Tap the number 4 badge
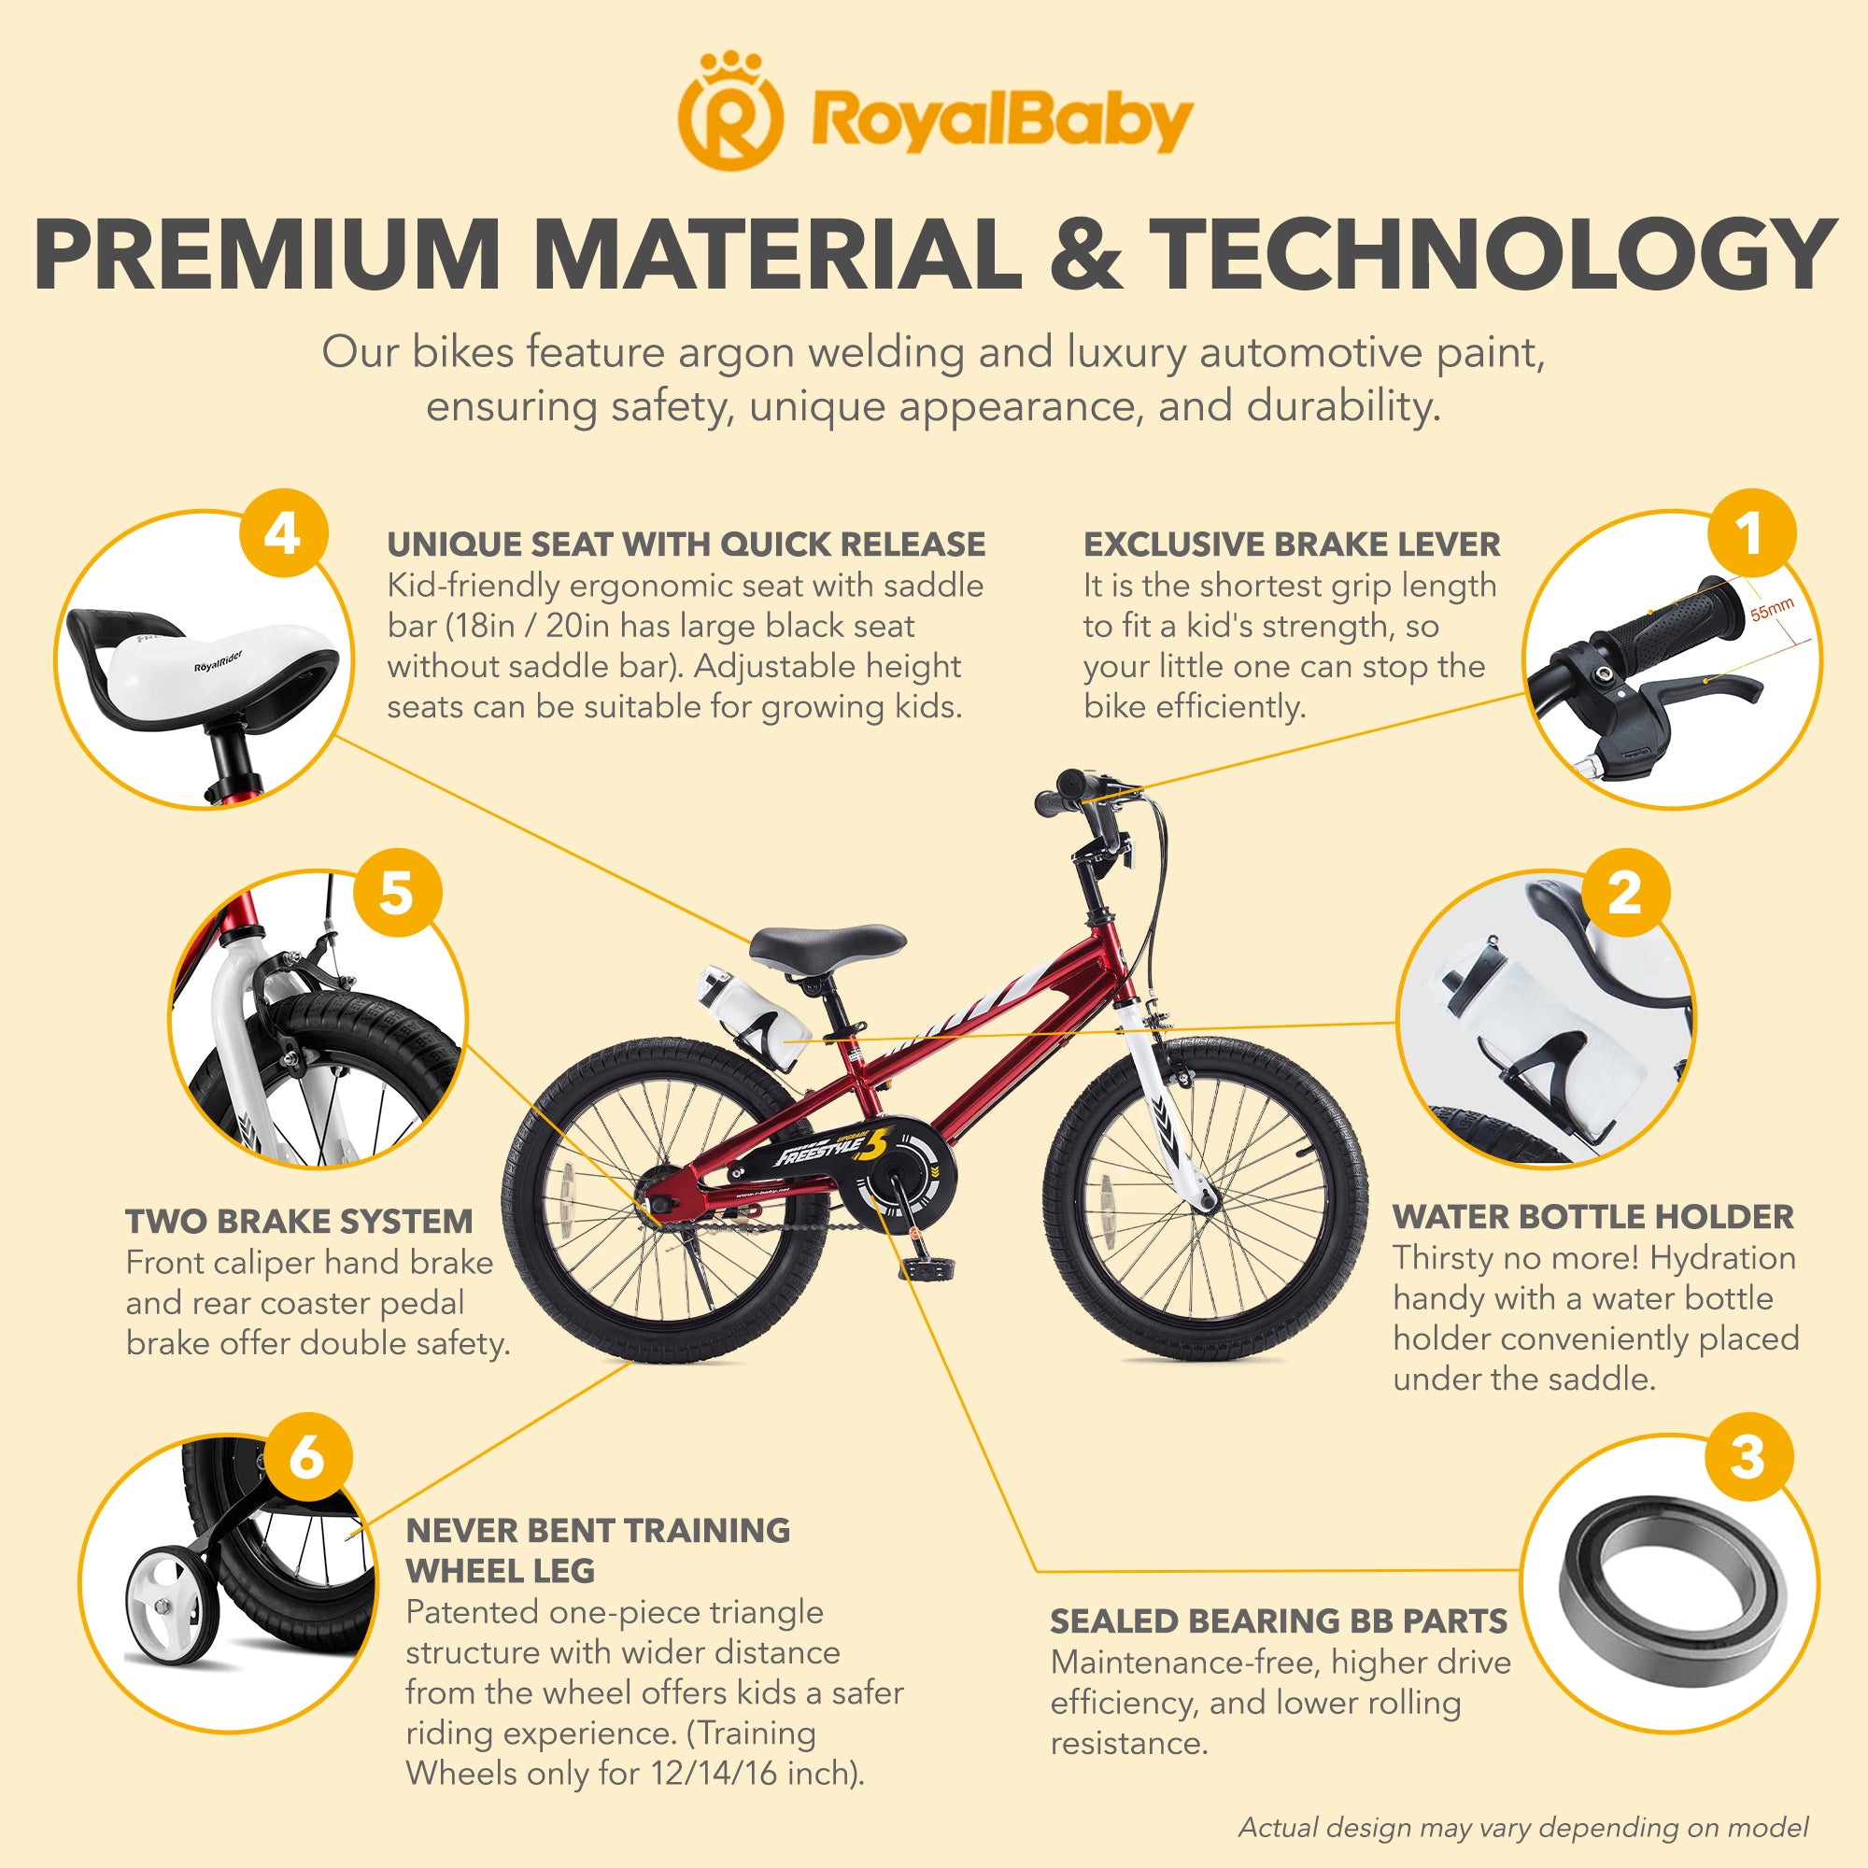(282, 533)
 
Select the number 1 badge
(1750, 533)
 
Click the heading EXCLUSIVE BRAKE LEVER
(1291, 545)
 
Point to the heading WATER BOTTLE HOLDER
(1592, 1216)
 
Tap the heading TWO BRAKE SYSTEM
(299, 1221)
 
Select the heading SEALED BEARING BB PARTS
(1279, 1620)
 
